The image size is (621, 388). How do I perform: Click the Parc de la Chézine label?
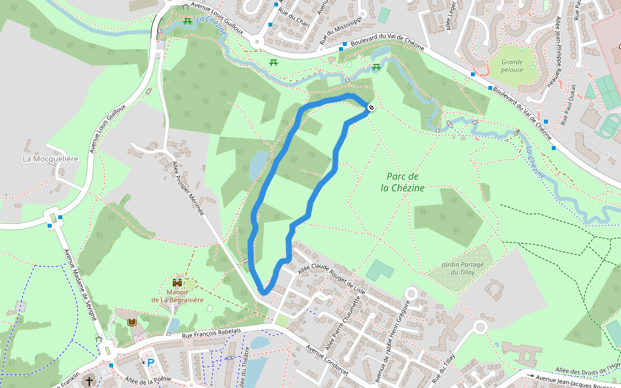pyautogui.click(x=403, y=182)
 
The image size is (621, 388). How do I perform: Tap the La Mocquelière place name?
pyautogui.click(x=50, y=158)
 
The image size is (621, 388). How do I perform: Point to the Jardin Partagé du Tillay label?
pyautogui.click(x=458, y=267)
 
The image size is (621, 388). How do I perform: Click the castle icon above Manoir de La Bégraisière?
pyautogui.click(x=177, y=283)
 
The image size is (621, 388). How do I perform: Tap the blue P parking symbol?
pyautogui.click(x=151, y=363)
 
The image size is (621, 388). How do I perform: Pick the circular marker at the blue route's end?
pyautogui.click(x=371, y=107)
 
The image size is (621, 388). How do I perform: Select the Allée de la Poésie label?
pyautogui.click(x=148, y=380)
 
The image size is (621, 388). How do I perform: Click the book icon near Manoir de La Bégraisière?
pyautogui.click(x=132, y=322)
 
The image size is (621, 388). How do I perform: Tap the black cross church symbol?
pyautogui.click(x=89, y=382)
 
